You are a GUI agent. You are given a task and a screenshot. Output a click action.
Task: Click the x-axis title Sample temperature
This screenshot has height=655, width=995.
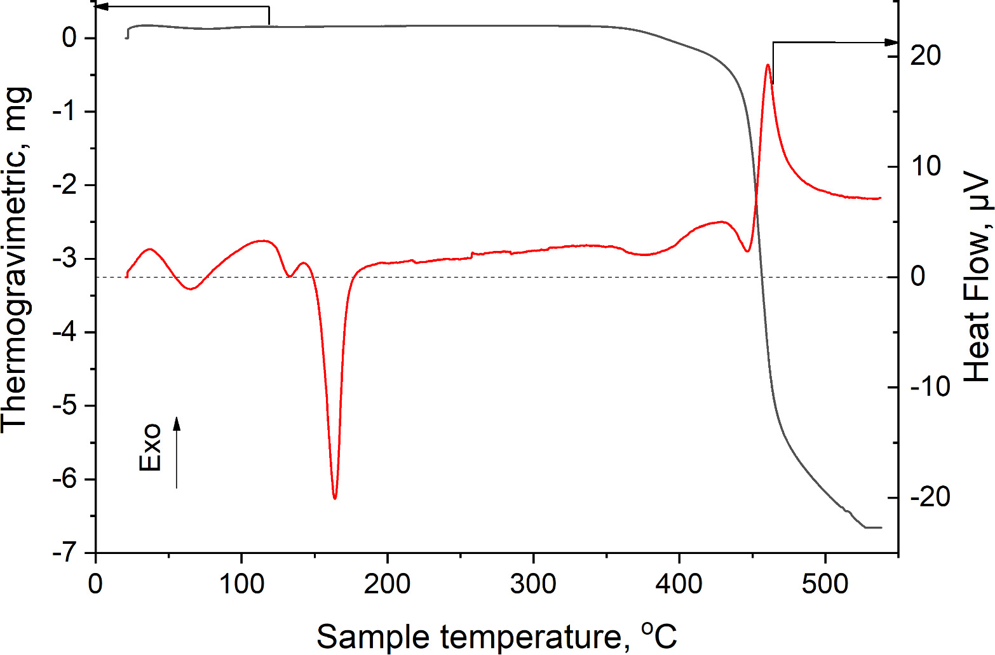[497, 636]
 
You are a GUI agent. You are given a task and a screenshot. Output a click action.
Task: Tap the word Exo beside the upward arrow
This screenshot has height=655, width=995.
[151, 448]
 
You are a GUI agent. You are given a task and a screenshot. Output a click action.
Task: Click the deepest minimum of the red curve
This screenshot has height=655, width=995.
[335, 498]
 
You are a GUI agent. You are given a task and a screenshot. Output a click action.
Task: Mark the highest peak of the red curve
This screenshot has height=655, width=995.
[768, 65]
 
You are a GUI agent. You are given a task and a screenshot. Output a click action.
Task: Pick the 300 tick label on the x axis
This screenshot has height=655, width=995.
[533, 584]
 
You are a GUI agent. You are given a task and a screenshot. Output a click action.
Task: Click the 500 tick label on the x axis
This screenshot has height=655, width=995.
[825, 584]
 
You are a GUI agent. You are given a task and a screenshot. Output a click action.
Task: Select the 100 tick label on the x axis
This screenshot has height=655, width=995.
[241, 584]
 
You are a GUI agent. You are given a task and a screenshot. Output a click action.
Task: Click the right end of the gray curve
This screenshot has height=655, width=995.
[881, 527]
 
